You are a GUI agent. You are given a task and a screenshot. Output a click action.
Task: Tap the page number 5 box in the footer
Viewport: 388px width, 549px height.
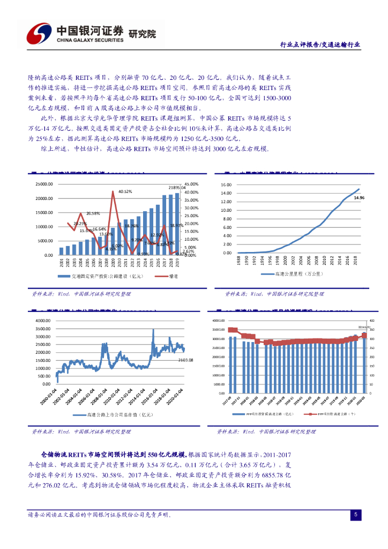355,515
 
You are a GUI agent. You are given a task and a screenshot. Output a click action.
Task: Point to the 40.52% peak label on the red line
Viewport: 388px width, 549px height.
125,191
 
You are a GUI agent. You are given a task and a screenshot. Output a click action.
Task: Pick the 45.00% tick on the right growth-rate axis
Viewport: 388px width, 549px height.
191,184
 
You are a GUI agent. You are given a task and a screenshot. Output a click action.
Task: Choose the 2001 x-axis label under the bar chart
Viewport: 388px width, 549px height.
62,263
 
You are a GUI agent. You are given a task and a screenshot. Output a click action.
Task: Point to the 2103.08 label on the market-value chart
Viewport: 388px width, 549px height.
185,360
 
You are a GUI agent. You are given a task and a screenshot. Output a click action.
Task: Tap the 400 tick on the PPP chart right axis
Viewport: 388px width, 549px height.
372,321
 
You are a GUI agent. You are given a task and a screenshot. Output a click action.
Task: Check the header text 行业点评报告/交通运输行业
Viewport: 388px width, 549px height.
320,45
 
